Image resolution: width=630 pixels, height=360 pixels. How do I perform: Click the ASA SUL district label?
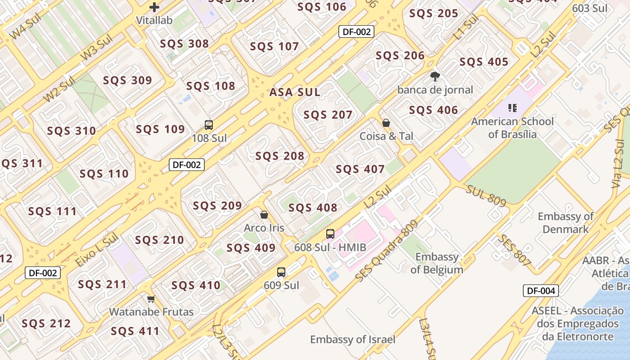(295, 92)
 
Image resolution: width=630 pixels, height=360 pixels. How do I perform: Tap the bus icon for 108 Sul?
(209, 125)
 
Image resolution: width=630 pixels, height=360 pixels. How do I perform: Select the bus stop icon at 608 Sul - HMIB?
(330, 234)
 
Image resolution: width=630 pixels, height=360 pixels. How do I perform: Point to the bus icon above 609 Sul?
(281, 272)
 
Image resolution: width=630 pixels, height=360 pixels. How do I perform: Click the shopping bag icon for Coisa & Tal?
(386, 123)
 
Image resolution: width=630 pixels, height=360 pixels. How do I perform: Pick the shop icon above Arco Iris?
(264, 215)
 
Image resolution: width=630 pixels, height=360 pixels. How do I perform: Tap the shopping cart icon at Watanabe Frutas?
(151, 299)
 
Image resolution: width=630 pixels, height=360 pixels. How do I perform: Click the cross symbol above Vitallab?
(154, 7)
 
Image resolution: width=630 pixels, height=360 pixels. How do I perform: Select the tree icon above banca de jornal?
(435, 76)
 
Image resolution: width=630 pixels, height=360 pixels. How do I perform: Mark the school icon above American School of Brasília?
(512, 108)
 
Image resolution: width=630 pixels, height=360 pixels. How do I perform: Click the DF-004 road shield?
(540, 291)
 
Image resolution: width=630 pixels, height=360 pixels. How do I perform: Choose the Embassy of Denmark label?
(566, 223)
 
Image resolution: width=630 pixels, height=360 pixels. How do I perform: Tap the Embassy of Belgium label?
(437, 263)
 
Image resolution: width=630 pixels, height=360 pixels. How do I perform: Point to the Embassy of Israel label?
(352, 339)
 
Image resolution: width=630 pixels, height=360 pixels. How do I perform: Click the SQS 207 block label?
(328, 115)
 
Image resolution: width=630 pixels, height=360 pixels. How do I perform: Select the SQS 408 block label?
(313, 207)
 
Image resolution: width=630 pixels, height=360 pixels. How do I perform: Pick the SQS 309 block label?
(128, 81)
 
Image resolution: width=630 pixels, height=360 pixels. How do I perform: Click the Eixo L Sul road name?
(96, 249)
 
